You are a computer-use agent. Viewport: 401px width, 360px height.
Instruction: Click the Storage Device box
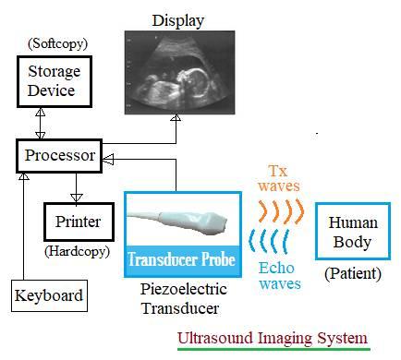[x=53, y=82]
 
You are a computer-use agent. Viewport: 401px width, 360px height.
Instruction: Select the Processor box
[x=58, y=156]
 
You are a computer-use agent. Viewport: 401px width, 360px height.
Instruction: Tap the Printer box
[x=78, y=222]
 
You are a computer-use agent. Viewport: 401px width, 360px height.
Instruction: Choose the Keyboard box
[x=48, y=296]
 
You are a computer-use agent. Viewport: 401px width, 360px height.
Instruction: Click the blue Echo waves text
[x=279, y=275]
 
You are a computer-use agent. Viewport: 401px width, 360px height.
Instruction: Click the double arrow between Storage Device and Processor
[x=40, y=121]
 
